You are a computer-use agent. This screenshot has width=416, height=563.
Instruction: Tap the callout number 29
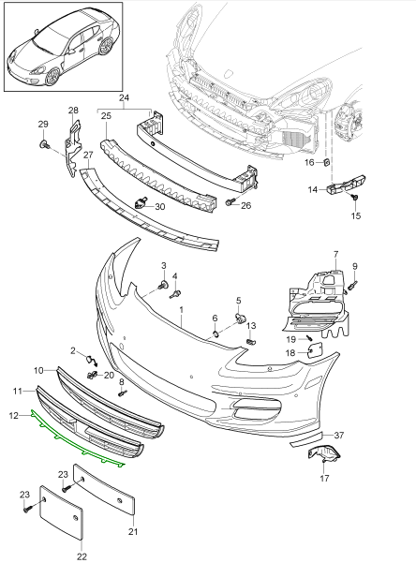coord(42,125)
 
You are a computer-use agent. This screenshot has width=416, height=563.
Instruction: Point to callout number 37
coord(340,436)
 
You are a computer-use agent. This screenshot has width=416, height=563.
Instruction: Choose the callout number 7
coord(336,255)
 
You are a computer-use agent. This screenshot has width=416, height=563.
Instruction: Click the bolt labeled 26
coord(229,202)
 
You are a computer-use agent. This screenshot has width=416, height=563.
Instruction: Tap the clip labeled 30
coord(141,202)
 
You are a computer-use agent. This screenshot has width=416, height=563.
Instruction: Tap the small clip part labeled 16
coord(328,163)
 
